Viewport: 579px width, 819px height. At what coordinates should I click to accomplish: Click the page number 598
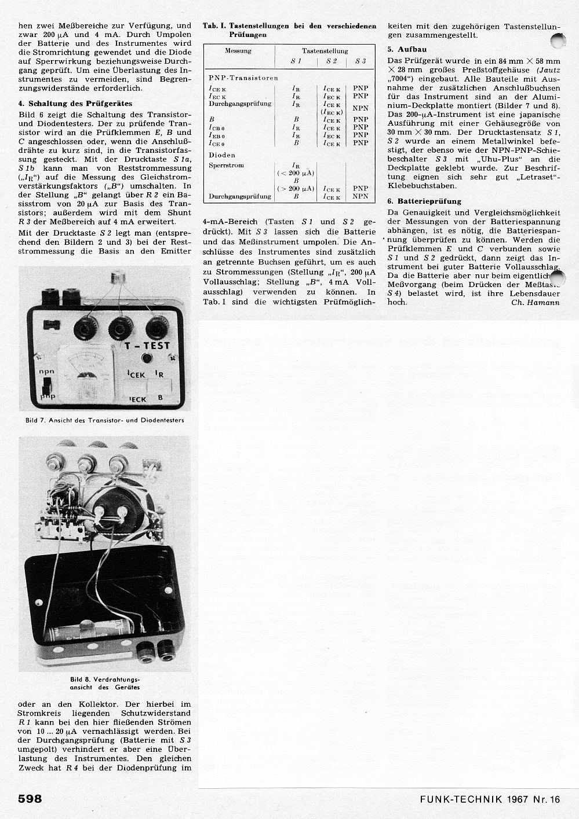30,799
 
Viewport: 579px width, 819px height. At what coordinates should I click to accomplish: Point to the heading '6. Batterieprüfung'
424,201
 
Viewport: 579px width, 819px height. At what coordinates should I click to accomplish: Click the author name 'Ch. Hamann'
536,302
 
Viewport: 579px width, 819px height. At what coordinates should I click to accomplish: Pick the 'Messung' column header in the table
238,51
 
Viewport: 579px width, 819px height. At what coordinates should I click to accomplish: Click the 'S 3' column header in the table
360,61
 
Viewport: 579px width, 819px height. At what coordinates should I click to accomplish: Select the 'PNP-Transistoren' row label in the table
243,78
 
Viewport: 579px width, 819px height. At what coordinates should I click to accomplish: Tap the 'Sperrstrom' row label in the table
226,166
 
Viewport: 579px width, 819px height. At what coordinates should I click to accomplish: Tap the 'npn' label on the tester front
46,372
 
